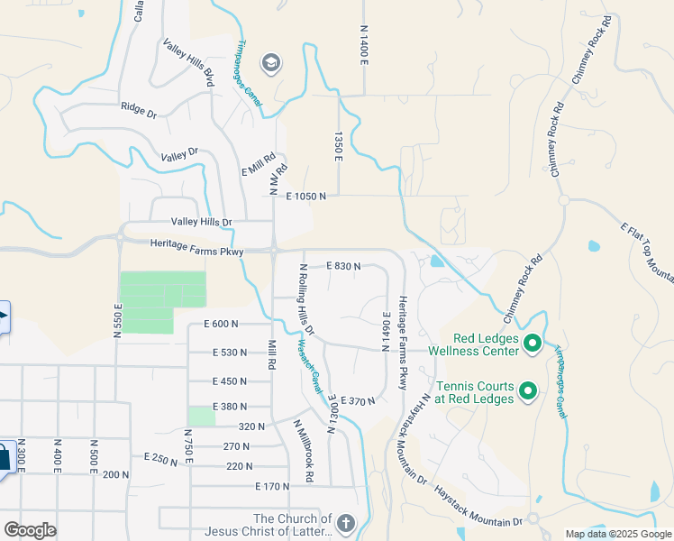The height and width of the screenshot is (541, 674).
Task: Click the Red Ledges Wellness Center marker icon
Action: pyautogui.click(x=532, y=343)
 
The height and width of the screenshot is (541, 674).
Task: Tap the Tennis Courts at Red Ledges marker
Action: pyautogui.click(x=529, y=391)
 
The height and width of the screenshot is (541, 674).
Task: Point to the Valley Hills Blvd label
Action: pyautogui.click(x=188, y=63)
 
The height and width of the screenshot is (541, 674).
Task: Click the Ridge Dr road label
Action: pyautogui.click(x=139, y=109)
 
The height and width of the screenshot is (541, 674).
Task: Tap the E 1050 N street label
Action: pyautogui.click(x=305, y=196)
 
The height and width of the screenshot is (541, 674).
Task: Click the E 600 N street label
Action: pyautogui.click(x=221, y=324)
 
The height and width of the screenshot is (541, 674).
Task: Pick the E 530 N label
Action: pyautogui.click(x=229, y=353)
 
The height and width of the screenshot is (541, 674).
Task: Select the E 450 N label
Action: pyautogui.click(x=229, y=381)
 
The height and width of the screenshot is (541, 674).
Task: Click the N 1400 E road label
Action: pyautogui.click(x=364, y=44)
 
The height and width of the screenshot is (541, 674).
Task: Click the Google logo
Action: pyautogui.click(x=31, y=530)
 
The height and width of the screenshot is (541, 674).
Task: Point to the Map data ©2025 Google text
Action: pyautogui.click(x=617, y=534)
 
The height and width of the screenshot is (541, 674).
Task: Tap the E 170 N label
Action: pyautogui.click(x=271, y=486)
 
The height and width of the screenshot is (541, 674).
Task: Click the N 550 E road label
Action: pyautogui.click(x=117, y=319)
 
